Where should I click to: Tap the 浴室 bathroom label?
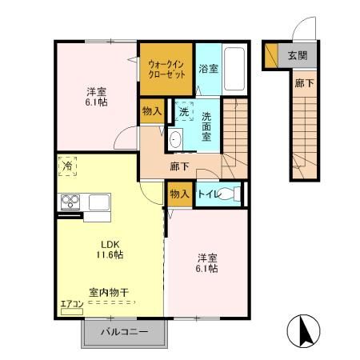coord(209,66)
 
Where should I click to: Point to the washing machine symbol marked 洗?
coord(184,113)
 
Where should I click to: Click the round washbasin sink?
coord(176,138)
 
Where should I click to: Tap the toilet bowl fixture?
coord(229,193)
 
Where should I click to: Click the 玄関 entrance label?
coord(297,55)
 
